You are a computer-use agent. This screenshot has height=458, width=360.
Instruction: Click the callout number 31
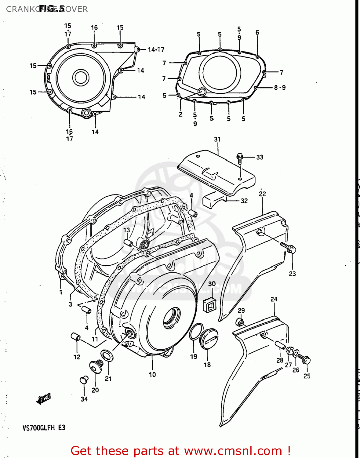[x=217, y=139]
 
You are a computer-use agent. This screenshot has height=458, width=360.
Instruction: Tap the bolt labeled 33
[x=240, y=158]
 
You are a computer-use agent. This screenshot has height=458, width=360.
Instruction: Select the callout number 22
[x=262, y=194]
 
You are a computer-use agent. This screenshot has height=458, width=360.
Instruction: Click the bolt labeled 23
[x=289, y=248]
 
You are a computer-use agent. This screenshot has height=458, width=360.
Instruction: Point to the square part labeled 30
[x=210, y=304]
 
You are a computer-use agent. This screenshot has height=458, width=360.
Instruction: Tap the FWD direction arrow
[x=43, y=398]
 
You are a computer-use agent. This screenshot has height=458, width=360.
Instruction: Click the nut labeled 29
[x=240, y=322]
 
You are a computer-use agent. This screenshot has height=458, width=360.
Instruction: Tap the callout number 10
[x=152, y=374]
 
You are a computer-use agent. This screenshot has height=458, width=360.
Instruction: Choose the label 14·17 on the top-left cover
[x=156, y=49]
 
